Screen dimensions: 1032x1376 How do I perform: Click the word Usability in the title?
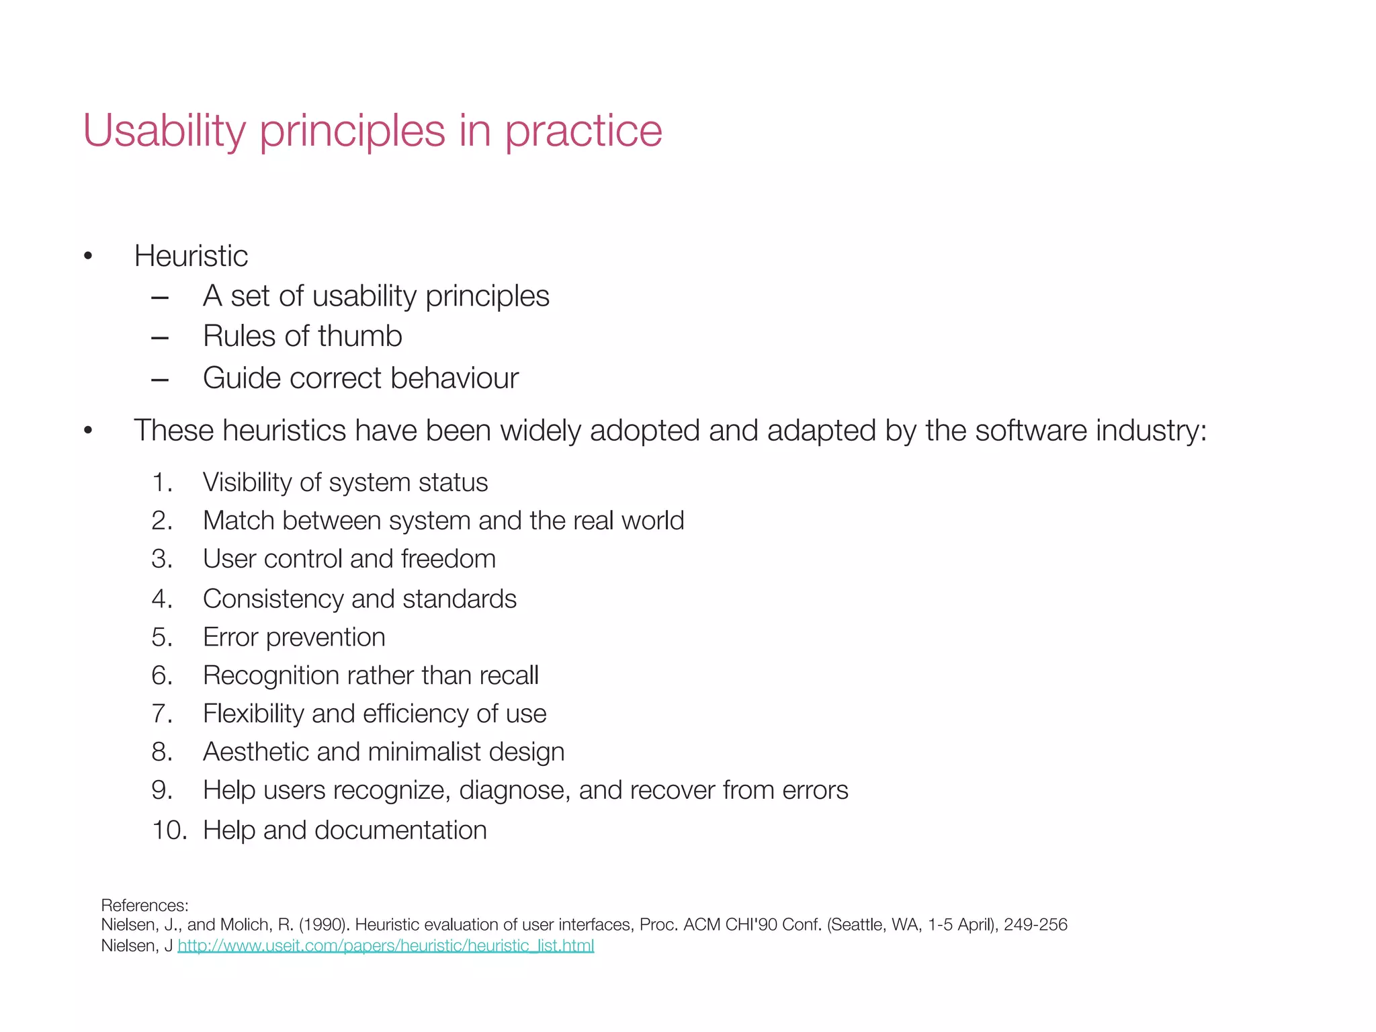164,130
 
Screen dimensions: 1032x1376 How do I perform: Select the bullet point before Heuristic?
88,256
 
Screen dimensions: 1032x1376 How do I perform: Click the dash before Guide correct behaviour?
160,379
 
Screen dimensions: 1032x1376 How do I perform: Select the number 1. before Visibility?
163,482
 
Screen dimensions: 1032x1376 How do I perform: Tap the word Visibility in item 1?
247,482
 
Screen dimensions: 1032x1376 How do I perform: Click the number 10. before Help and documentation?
169,830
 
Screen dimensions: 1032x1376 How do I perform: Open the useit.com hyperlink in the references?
386,946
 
